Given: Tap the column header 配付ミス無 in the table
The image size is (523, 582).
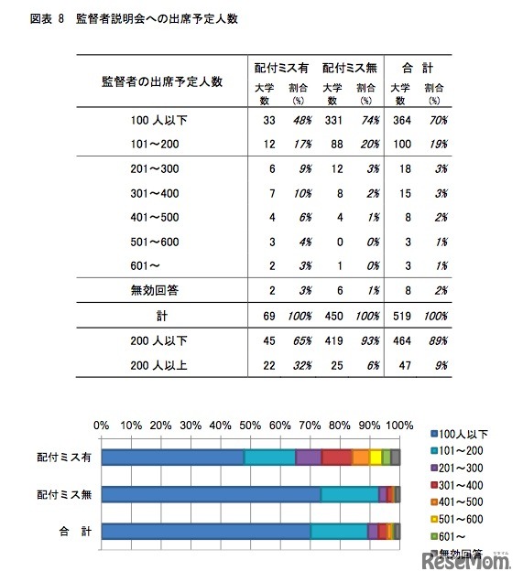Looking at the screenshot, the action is tap(350, 67).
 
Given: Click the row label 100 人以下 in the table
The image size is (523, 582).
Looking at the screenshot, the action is tap(160, 120).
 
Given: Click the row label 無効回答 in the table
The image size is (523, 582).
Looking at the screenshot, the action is tap(160, 287).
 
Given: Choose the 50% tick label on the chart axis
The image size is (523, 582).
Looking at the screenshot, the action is tap(250, 426).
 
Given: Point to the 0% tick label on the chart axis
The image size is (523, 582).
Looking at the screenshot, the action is tap(102, 426).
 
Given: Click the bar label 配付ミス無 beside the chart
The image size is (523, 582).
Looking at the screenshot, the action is tap(60, 494).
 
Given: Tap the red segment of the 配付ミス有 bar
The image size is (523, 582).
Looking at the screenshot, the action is tap(336, 458).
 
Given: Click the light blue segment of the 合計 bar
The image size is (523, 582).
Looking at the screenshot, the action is tap(339, 531).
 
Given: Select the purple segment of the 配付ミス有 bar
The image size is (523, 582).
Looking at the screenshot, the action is tap(309, 458).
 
